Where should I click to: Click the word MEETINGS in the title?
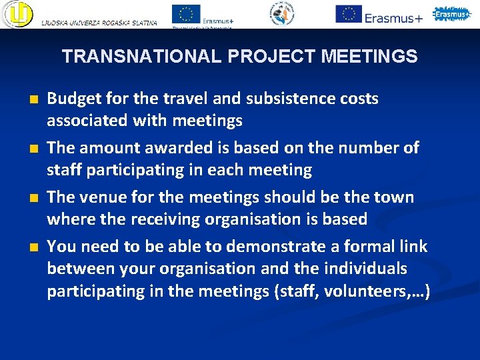[x=369, y=57]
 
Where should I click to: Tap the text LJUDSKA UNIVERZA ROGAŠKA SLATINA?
[x=99, y=23]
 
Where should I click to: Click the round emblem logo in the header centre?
[x=281, y=13]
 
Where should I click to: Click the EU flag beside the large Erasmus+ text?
[x=348, y=13]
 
